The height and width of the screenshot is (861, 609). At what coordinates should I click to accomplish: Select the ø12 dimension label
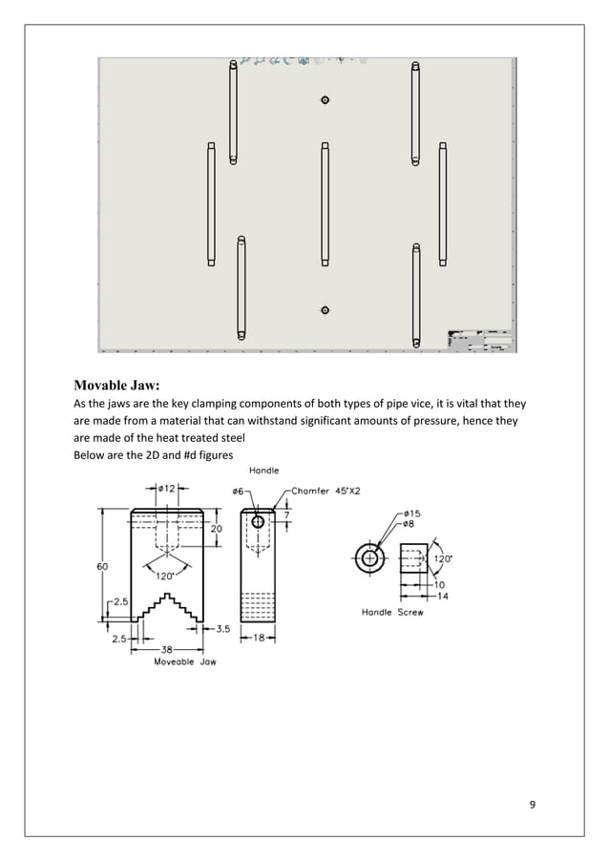tap(165, 490)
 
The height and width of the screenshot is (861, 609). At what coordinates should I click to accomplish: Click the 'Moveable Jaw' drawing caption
tap(184, 661)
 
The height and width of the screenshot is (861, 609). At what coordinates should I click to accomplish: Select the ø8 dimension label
tap(411, 523)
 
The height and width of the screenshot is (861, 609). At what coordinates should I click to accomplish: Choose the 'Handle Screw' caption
tap(391, 612)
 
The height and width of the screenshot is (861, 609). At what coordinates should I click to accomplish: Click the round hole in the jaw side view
tap(259, 522)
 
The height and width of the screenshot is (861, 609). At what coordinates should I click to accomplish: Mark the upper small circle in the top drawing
tap(325, 100)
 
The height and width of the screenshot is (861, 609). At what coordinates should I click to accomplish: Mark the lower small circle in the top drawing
tap(325, 310)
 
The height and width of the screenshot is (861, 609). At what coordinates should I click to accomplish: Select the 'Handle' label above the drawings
tap(264, 471)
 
